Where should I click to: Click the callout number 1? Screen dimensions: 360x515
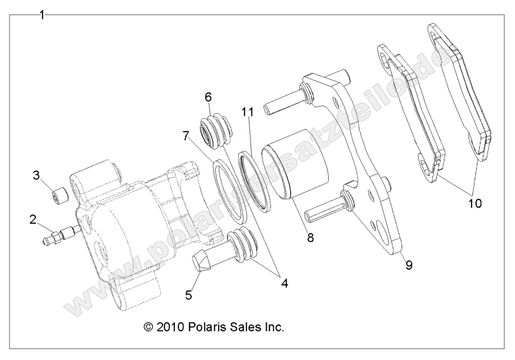click(42, 15)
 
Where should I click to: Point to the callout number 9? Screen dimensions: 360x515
click(408, 265)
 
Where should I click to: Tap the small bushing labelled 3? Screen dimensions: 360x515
click(60, 197)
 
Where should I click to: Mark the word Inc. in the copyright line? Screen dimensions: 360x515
click(273, 327)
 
